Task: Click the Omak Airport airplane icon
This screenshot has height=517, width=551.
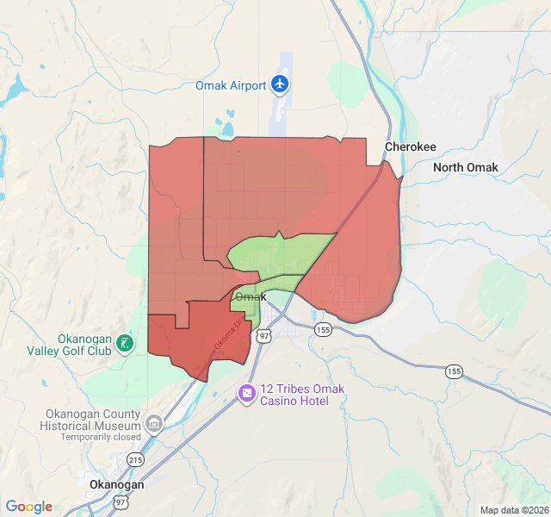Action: (x=279, y=84)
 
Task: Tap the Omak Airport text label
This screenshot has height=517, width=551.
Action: (x=231, y=85)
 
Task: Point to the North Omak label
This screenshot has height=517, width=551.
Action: (x=465, y=167)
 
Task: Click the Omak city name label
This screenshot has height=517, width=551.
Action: (x=251, y=297)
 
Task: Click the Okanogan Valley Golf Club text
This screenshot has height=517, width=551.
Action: (x=81, y=345)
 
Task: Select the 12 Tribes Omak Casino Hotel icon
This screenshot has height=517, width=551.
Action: (x=247, y=394)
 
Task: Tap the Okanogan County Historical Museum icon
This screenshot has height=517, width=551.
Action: (x=154, y=423)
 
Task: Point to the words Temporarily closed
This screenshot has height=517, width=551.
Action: (x=100, y=437)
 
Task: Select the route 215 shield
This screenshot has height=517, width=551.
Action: (x=135, y=460)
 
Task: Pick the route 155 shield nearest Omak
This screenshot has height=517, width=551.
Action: (x=323, y=330)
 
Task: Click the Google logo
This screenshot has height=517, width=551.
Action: (x=28, y=507)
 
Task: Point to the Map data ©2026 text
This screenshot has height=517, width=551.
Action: (x=513, y=510)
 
